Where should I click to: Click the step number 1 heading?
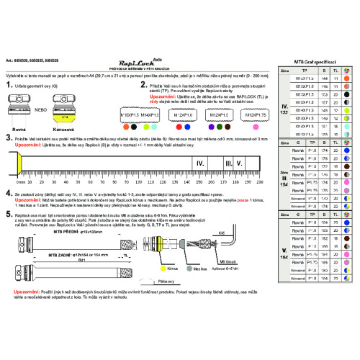click(9, 84)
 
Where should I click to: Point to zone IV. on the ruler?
click(199, 164)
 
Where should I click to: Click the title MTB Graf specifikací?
click(315, 63)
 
